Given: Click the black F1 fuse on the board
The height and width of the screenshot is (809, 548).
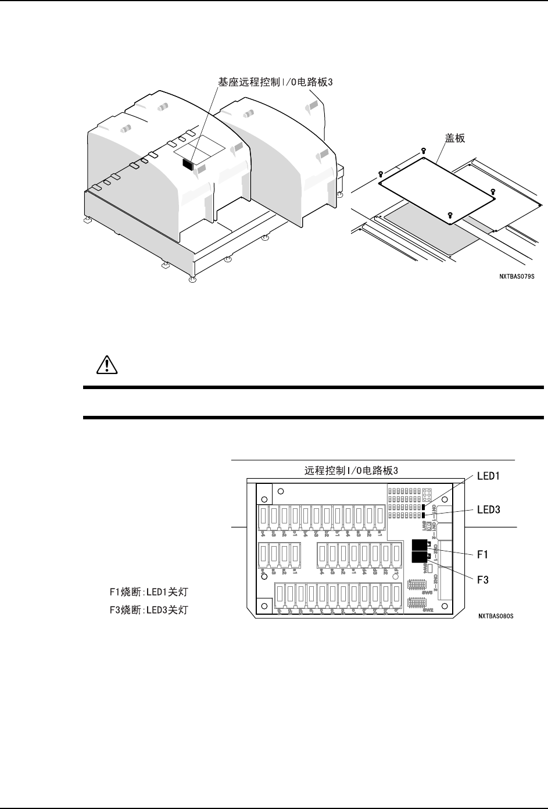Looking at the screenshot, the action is pyautogui.click(x=420, y=545).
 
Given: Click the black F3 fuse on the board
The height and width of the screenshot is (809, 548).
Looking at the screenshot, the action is pyautogui.click(x=420, y=557).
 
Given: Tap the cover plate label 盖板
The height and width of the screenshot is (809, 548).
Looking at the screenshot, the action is pyautogui.click(x=456, y=140).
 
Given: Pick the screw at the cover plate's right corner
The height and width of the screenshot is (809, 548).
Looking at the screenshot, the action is pyautogui.click(x=493, y=192).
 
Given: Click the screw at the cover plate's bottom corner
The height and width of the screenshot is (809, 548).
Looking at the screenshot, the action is pyautogui.click(x=450, y=215).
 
